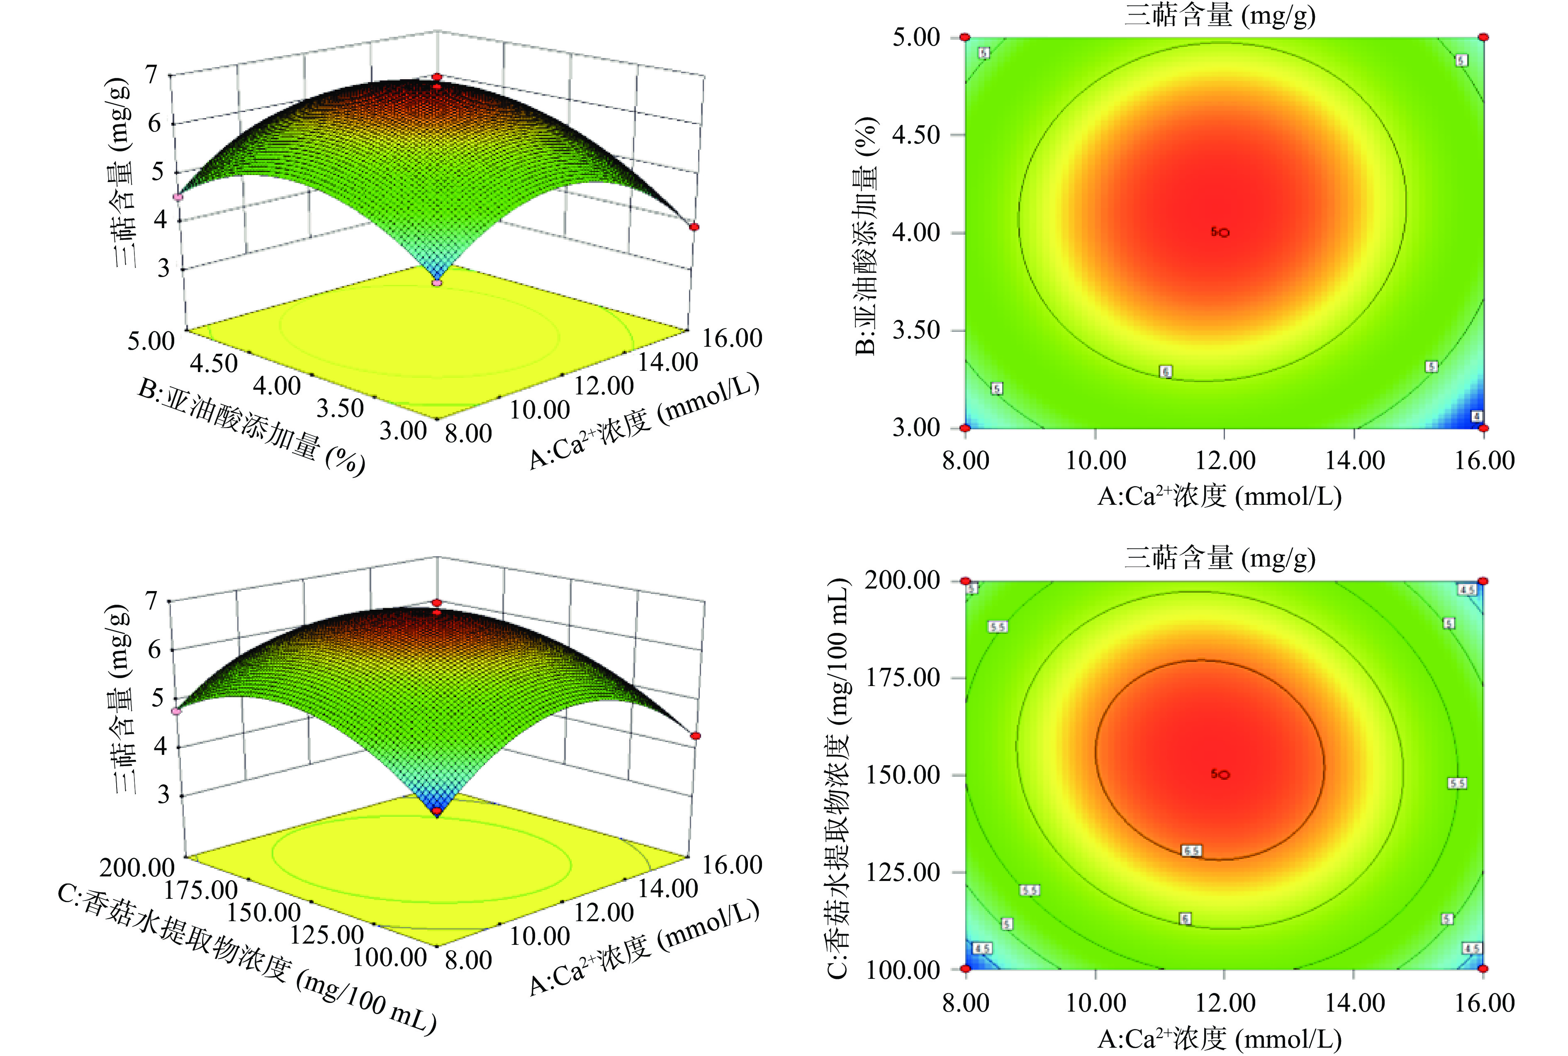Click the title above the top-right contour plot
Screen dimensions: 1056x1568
click(1219, 15)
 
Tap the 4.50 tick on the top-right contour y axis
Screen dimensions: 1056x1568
click(916, 135)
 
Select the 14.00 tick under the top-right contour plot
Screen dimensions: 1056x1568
click(1355, 461)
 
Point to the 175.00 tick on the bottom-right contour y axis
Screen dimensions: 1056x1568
click(903, 677)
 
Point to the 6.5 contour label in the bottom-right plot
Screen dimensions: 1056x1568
click(1191, 851)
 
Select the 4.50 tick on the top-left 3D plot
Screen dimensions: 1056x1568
click(214, 364)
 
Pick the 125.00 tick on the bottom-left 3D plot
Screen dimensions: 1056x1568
click(327, 935)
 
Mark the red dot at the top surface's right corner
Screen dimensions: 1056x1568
click(694, 227)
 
